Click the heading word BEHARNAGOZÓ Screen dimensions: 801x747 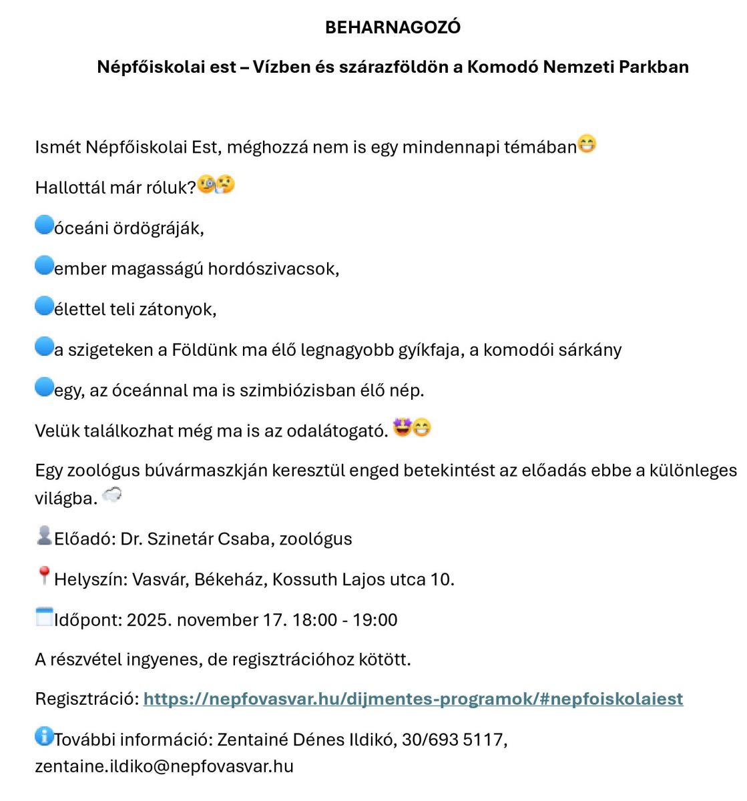pos(393,27)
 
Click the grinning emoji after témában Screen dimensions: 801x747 pos(587,144)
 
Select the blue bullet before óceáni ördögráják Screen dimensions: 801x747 pos(44,226)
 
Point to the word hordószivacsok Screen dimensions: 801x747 pos(273,269)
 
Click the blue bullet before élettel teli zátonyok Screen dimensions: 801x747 pos(44,306)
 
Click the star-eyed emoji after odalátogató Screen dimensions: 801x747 pos(402,427)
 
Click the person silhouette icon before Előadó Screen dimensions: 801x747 pos(44,535)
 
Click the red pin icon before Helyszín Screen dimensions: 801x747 pos(44,575)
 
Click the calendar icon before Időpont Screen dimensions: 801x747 pos(44,617)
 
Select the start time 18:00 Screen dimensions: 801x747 pos(314,620)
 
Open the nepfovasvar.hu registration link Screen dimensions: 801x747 pos(413,699)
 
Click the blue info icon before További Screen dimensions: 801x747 pos(44,736)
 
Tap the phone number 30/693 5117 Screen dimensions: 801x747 pos(454,740)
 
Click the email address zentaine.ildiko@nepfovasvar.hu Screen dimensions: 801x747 pos(164,766)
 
